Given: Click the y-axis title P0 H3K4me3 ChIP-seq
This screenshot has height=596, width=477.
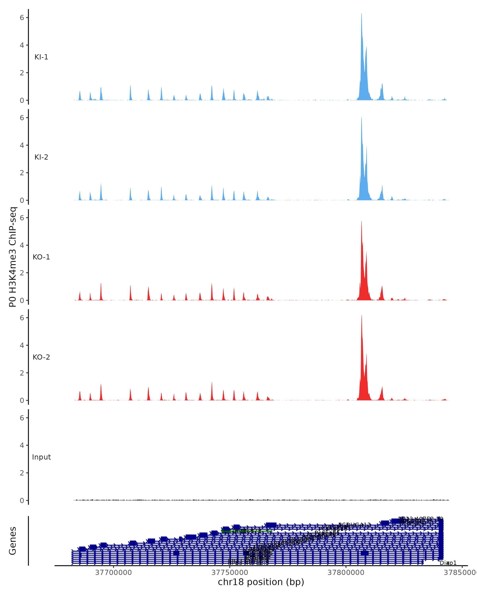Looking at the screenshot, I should coord(13,257).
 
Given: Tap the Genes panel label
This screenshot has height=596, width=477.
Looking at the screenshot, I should coord(13,541).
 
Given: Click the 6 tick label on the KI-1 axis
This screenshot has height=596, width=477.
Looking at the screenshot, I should coord(22,18).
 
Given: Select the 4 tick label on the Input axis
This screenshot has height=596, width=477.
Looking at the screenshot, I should coord(22,445).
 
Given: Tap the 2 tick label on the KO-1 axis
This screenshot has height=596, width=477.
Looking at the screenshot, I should coord(22,273).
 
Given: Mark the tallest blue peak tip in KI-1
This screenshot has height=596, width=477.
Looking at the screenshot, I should coord(361,14).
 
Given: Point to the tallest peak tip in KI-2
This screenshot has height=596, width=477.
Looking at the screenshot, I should coord(361,117).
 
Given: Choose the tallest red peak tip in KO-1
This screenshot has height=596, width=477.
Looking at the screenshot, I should coord(361,221).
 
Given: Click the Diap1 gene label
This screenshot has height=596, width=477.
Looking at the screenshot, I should coord(448,563).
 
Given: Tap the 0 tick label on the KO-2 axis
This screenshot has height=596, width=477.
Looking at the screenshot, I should coord(22,401).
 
